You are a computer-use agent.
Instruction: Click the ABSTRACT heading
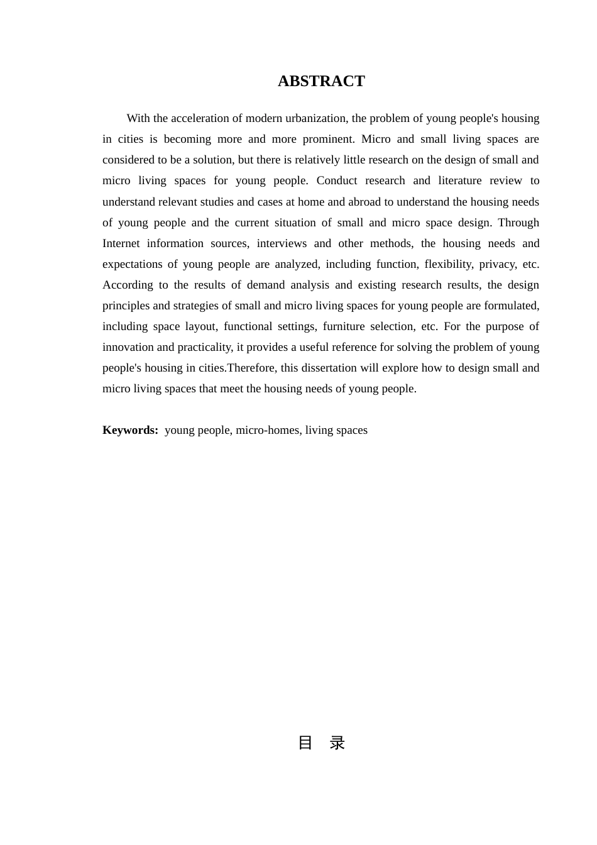tap(321, 81)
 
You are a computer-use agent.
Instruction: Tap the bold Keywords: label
tap(130, 430)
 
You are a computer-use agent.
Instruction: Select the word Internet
tap(121, 243)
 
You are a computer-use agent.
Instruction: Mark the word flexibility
tap(448, 264)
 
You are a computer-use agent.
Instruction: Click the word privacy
tap(497, 264)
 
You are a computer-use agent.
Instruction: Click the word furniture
tap(343, 326)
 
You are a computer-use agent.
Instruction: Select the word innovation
tap(128, 347)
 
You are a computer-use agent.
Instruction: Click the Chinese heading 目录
tap(321, 743)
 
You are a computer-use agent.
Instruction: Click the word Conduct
tap(337, 180)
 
